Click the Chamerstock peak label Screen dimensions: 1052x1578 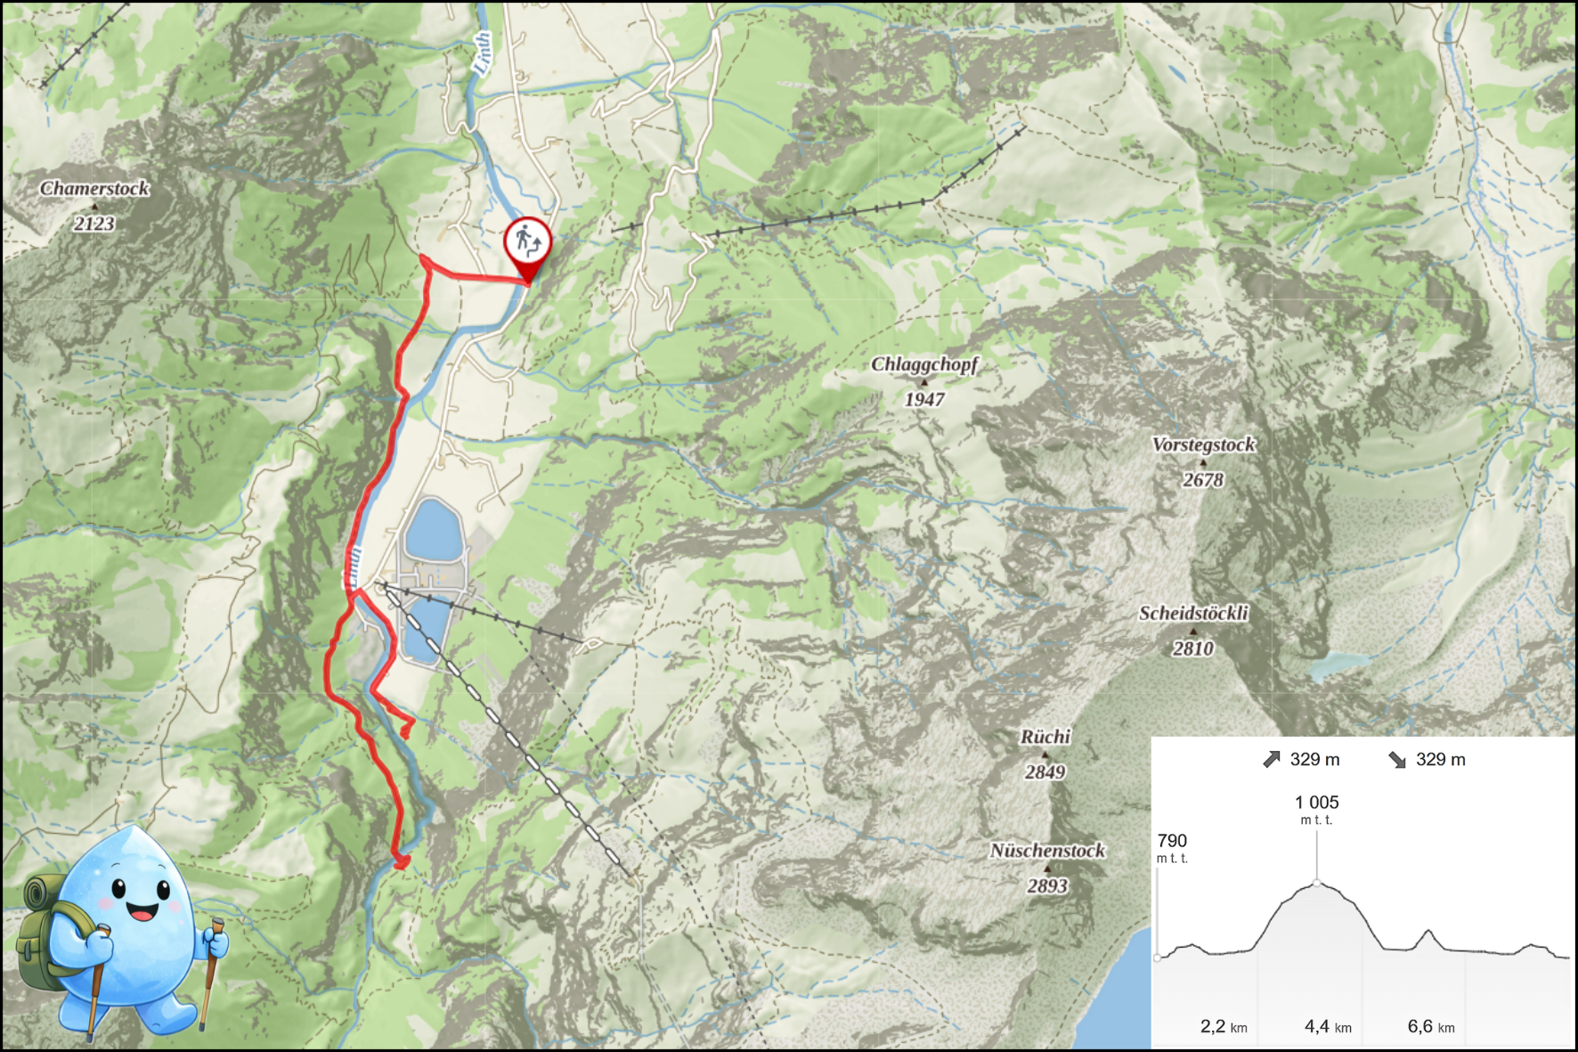click(x=94, y=188)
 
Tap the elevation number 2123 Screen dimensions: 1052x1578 click(x=94, y=224)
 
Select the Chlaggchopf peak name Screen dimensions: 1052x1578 click(x=923, y=364)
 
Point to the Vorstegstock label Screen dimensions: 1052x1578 click(x=1203, y=444)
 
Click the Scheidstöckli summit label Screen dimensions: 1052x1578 click(x=1193, y=613)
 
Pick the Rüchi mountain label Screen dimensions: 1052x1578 click(x=1045, y=737)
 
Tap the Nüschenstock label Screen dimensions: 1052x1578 click(x=1047, y=851)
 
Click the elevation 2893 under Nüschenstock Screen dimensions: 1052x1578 click(x=1046, y=885)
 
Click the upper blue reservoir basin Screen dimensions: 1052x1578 click(x=433, y=528)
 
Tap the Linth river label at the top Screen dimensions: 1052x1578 click(x=482, y=53)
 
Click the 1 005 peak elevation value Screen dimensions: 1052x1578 click(x=1316, y=802)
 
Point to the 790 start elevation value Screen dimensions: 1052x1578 click(x=1172, y=840)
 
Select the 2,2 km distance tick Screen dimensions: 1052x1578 click(x=1223, y=1026)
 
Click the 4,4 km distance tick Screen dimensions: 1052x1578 click(x=1327, y=1026)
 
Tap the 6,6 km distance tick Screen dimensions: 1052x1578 click(x=1430, y=1026)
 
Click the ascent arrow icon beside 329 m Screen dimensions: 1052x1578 click(x=1272, y=759)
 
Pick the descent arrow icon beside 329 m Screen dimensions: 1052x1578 click(x=1397, y=759)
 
